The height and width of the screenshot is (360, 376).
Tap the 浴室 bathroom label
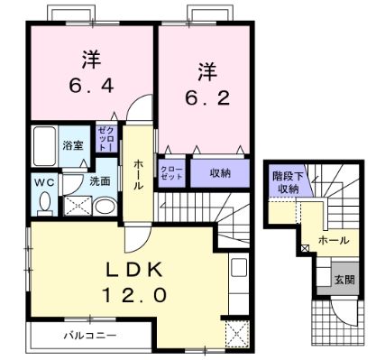coord(72,144)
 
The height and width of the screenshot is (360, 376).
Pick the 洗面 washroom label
coord(99,181)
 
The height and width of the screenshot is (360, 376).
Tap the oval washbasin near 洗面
coord(105,207)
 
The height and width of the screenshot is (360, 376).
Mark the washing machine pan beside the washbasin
coord(78,206)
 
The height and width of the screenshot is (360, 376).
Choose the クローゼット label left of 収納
coord(172,172)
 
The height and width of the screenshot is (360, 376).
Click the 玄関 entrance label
coord(344,279)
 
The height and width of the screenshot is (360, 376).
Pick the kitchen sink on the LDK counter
coord(239,270)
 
